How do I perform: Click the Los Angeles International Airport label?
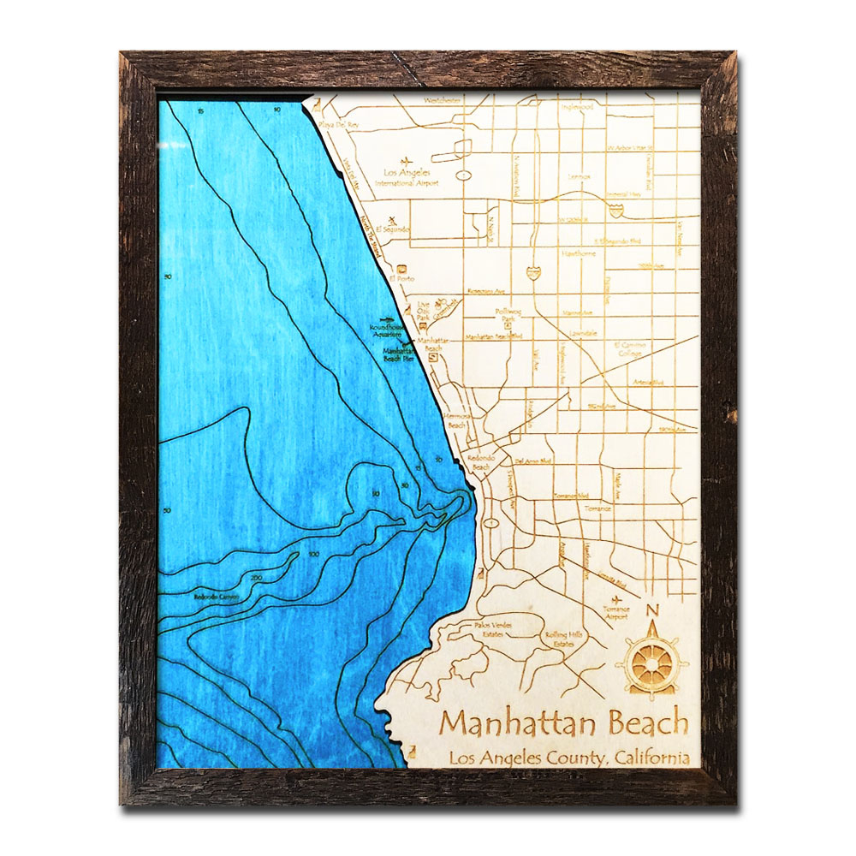[x=407, y=178]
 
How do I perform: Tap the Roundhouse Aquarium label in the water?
[x=383, y=330]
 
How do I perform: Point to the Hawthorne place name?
[x=578, y=254]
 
